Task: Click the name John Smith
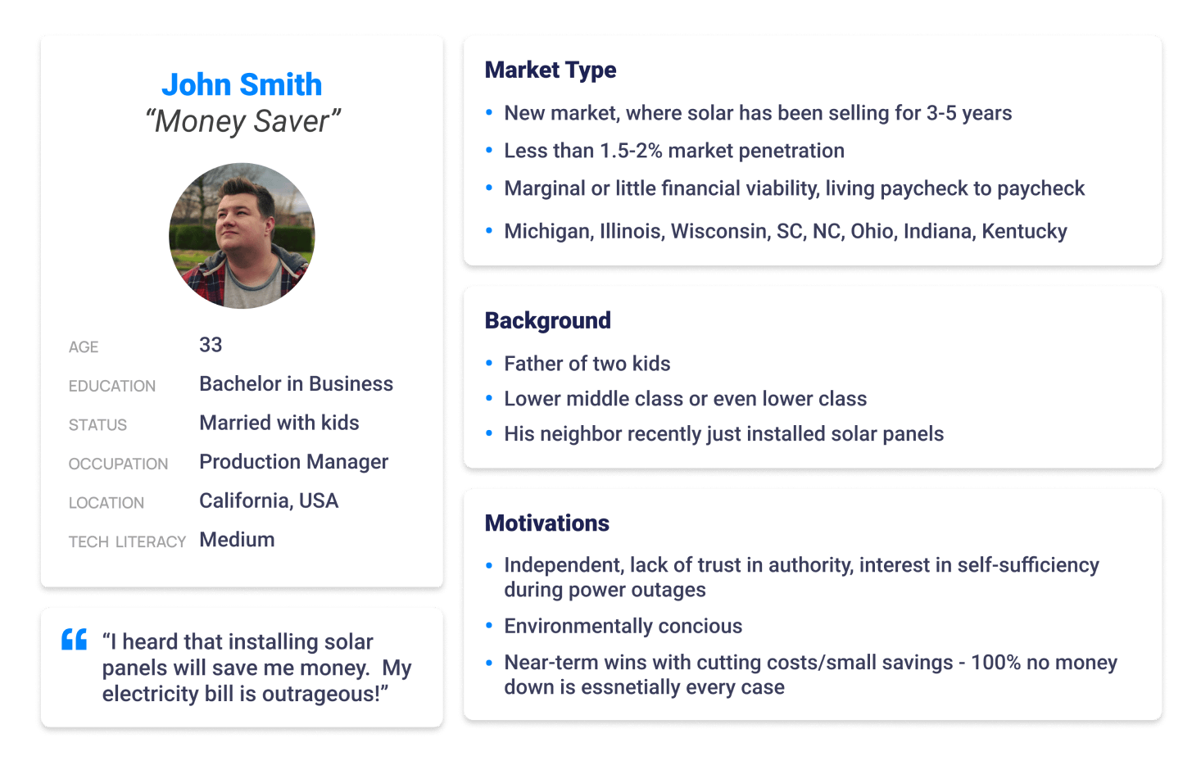coord(242,84)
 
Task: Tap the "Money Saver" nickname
coord(242,121)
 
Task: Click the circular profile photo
coord(242,236)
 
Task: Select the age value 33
coord(211,345)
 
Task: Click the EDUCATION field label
coord(112,386)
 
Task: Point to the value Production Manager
coord(294,462)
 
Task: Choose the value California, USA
coord(269,500)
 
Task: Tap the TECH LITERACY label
coord(127,541)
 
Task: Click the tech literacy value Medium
coord(237,539)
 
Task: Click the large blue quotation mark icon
coord(74,639)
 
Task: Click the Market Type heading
coord(551,70)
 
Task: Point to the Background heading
coord(548,320)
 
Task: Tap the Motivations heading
coord(547,523)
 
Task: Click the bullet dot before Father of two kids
coord(489,364)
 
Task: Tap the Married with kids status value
coord(279,423)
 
